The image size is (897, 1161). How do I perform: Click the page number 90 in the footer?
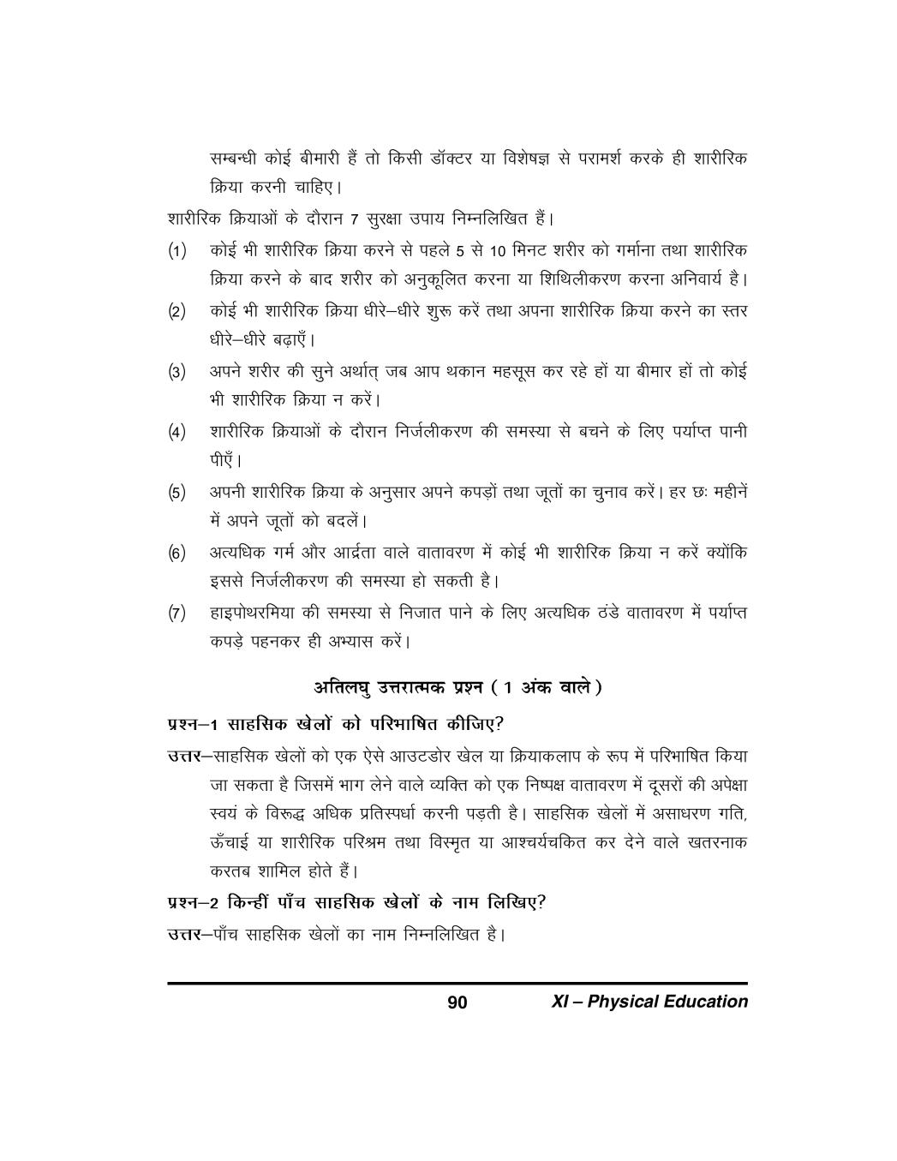pos(457,1002)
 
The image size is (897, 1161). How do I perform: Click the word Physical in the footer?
pos(626,1002)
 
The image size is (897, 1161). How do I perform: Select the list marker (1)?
pos(176,253)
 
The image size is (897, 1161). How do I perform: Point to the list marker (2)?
pos(176,313)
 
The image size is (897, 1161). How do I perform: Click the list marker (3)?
pos(176,373)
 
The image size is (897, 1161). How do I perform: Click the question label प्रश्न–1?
pos(194,724)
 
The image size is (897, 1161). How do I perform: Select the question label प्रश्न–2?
pos(194,901)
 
